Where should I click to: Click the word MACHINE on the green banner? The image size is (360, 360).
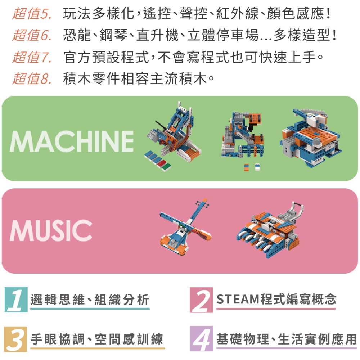[x=72, y=141]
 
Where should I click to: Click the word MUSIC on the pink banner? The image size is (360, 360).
[x=51, y=230]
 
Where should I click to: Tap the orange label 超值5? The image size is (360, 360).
[x=32, y=14]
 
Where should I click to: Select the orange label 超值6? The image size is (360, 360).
[x=32, y=35]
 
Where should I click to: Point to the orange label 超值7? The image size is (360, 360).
[x=32, y=57]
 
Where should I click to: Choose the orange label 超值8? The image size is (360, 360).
[x=32, y=78]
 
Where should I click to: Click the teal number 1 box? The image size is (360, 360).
[x=16, y=300]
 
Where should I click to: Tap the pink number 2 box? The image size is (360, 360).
[x=201, y=300]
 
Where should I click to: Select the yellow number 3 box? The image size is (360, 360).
[x=15, y=339]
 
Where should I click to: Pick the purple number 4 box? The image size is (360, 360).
[x=201, y=339]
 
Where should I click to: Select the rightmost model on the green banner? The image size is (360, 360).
[x=310, y=138]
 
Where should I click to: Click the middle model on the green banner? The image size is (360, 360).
[x=243, y=135]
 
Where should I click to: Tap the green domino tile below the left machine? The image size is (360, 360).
[x=167, y=167]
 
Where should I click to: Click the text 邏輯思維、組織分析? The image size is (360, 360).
[x=90, y=300]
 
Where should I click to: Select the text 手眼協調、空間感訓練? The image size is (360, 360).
[x=97, y=339]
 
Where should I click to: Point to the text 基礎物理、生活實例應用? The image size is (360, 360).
[x=287, y=339]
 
